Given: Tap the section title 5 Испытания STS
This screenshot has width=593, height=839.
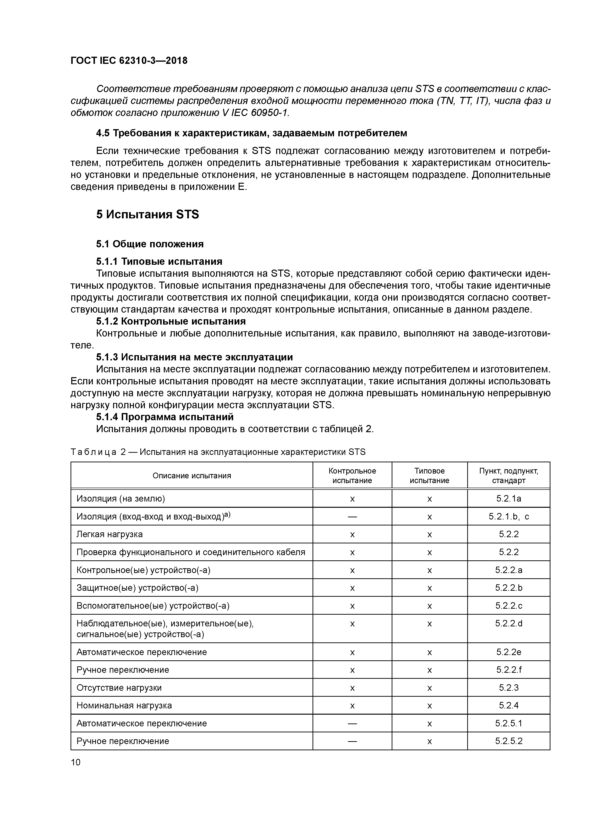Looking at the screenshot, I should (x=148, y=215).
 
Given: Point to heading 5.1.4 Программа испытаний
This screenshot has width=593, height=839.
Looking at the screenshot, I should (x=165, y=417).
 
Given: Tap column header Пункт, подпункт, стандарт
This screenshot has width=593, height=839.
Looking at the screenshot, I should (x=509, y=475).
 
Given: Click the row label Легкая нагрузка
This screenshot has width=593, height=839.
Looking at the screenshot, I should (x=109, y=534).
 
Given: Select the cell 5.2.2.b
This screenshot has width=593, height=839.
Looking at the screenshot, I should (x=509, y=588).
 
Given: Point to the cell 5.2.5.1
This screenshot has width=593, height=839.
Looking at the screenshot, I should (x=509, y=723).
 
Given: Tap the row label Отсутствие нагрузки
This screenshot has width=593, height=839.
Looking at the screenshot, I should (x=119, y=688).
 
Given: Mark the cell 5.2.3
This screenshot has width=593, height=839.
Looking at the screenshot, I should (x=509, y=688).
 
